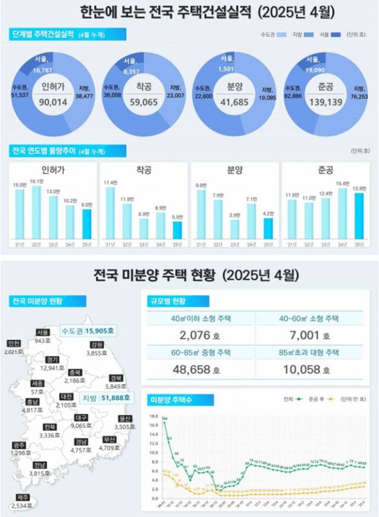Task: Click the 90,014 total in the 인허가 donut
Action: point(58,101)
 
